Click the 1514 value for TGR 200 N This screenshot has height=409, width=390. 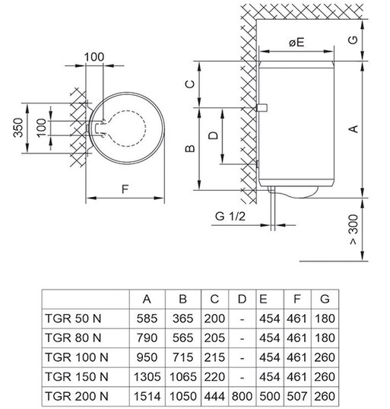147,397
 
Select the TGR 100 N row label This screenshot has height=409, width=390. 77,357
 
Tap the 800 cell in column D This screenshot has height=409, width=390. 242,397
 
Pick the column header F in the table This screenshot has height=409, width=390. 296,299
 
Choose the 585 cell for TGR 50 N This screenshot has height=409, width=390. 147,319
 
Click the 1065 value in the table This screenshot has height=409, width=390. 183,377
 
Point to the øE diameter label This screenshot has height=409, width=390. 296,43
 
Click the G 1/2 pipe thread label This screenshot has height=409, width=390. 230,216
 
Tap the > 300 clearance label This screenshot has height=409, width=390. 354,230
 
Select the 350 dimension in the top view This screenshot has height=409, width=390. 18,128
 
